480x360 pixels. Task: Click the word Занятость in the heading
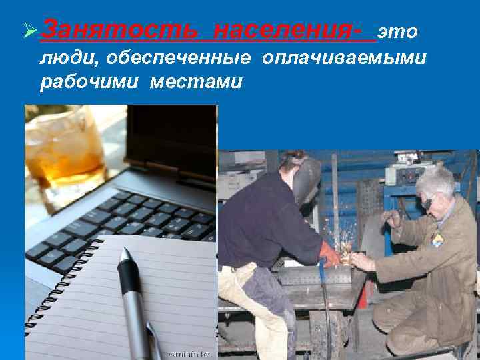[116, 31]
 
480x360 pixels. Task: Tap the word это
[397, 31]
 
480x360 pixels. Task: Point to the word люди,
[70, 58]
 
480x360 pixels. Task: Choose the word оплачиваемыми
[344, 58]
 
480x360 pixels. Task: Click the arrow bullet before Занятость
[29, 31]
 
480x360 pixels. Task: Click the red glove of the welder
[329, 254]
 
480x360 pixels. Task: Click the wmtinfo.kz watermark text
[189, 353]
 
